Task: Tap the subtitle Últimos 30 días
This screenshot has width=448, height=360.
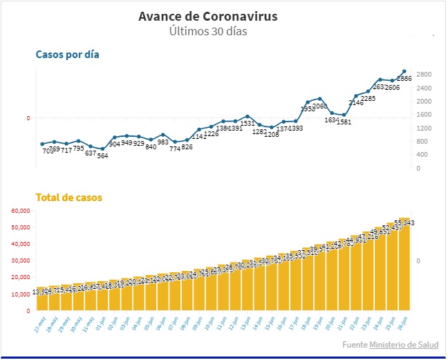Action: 208,31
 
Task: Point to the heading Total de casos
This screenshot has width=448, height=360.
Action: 69,198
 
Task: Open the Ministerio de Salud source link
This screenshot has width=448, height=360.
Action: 404,345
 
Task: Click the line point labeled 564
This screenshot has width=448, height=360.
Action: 102,149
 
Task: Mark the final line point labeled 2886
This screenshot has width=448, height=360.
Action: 404,71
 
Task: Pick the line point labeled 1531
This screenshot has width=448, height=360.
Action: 248,116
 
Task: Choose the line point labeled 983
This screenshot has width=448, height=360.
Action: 163,135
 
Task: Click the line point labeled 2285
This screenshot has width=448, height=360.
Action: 368,91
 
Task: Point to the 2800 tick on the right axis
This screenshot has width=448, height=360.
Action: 424,75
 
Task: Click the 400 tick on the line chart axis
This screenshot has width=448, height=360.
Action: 422,155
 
